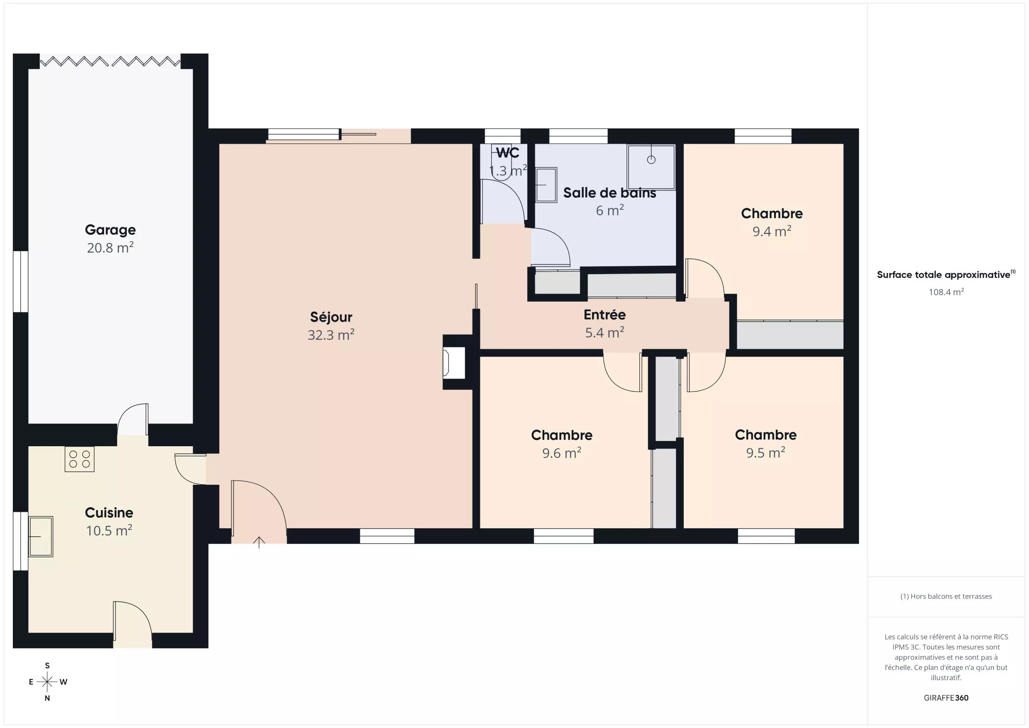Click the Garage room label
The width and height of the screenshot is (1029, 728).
tap(110, 230)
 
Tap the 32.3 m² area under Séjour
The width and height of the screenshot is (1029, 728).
tap(331, 335)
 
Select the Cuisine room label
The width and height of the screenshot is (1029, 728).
tap(109, 513)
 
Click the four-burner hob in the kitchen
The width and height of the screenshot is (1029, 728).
tap(79, 459)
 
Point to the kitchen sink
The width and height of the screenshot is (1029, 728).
tap(41, 536)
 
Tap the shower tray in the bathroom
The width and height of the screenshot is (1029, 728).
tap(651, 167)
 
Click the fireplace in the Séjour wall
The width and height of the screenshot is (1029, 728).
tap(453, 363)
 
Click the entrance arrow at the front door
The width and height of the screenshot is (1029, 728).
tap(259, 542)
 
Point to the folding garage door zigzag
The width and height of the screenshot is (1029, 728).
tap(110, 62)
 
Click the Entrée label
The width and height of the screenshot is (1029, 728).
tap(605, 315)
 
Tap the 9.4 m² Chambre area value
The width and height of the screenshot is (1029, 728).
tap(772, 231)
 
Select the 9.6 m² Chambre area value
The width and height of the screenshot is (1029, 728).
tap(562, 453)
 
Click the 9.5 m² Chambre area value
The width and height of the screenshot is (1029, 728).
tap(765, 453)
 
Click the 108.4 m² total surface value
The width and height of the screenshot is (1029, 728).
tap(946, 292)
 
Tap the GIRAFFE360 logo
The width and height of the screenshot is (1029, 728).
tap(946, 698)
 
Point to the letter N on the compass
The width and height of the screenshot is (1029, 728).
tap(47, 698)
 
